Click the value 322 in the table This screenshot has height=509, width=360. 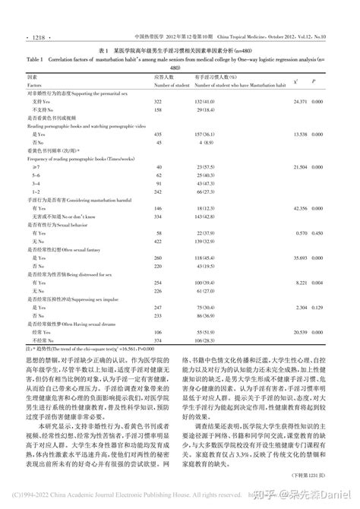(x=158, y=100)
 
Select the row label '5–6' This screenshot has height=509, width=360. (x=36, y=174)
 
